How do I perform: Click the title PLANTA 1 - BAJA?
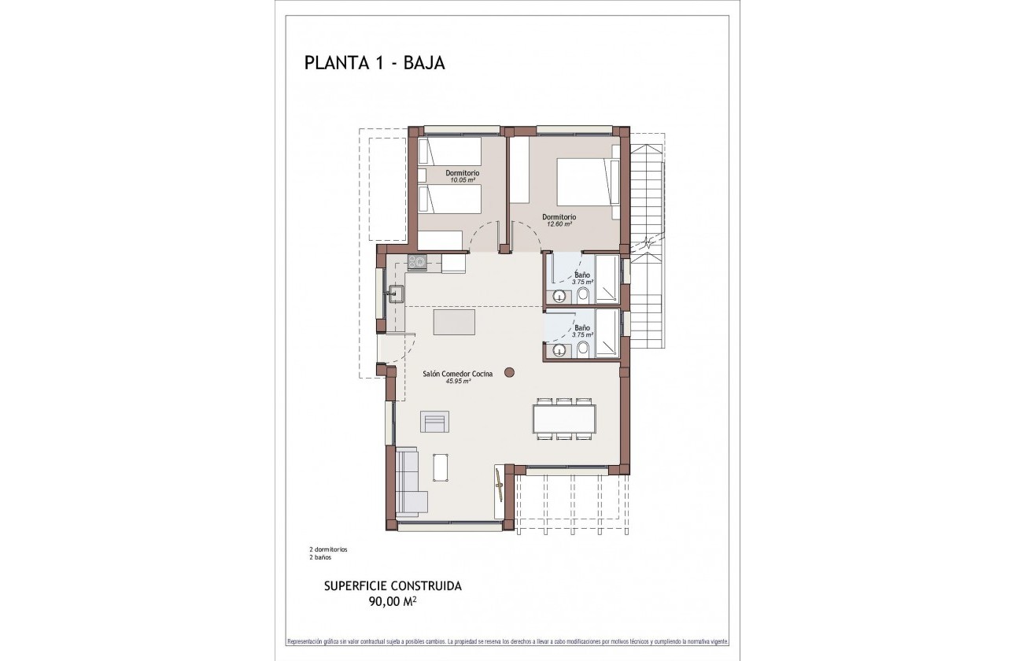pos(375,63)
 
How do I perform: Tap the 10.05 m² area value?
pos(462,180)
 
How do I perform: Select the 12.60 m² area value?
pos(559,224)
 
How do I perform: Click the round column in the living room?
pos(509,371)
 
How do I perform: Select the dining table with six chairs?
pos(564,419)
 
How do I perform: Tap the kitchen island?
pos(454,322)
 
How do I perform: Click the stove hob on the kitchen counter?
pos(416,262)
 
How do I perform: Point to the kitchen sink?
pos(395,294)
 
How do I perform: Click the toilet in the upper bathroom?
pos(583,296)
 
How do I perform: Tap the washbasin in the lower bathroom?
pos(559,350)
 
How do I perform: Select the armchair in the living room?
pos(434,422)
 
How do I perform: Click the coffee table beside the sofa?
pos(442,467)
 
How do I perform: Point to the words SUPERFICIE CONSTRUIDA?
pos(393,586)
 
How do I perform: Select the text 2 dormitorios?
pos(328,549)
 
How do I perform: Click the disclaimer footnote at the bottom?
pos(507,641)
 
